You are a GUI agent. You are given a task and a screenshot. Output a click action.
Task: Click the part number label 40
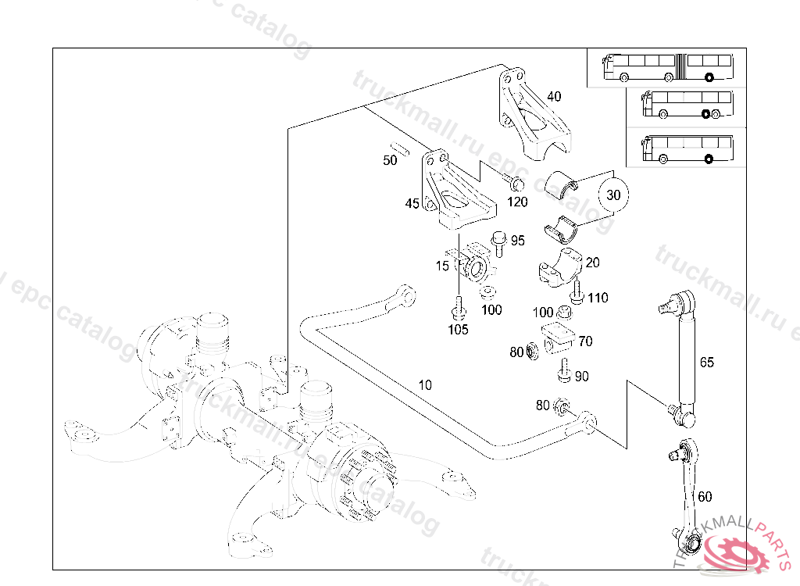[x=554, y=97]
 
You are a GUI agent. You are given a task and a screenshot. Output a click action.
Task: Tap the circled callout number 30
[x=613, y=195]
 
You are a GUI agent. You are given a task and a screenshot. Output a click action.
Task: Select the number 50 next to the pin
[x=390, y=160]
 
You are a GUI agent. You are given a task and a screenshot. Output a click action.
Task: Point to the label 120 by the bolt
[x=517, y=202]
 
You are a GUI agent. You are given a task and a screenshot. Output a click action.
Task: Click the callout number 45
[x=412, y=204]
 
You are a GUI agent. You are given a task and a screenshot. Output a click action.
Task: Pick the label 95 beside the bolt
[x=518, y=241]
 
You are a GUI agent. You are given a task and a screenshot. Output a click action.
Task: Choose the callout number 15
[x=443, y=266]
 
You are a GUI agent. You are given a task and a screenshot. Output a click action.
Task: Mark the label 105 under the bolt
[x=458, y=330]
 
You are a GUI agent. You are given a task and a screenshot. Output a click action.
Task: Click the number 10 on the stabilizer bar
[x=425, y=384]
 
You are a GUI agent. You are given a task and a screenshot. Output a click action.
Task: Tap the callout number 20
[x=593, y=263]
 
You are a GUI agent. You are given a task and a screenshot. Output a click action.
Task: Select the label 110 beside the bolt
[x=598, y=298]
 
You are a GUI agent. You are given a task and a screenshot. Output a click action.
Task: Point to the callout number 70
[x=585, y=341]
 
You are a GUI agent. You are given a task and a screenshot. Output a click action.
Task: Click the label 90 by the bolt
[x=581, y=377]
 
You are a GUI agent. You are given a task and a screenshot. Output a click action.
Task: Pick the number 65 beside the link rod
[x=706, y=362]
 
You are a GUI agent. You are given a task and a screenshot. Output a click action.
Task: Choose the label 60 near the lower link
[x=705, y=496]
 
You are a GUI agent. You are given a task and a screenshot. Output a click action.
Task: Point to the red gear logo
[x=737, y=556]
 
